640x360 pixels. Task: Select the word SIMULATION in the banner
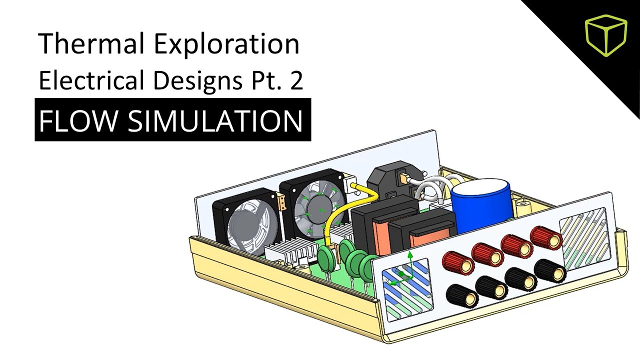click(x=215, y=120)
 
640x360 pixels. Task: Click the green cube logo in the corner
click(x=605, y=34)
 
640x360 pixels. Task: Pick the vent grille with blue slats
click(x=406, y=287)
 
